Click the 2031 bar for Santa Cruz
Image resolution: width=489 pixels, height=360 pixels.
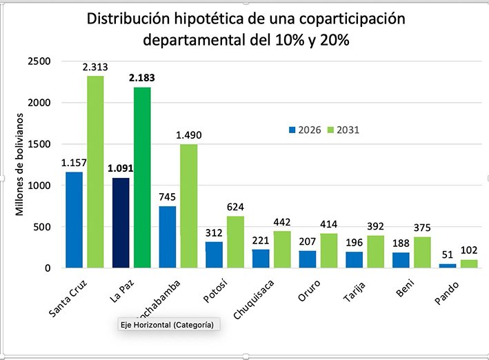95,172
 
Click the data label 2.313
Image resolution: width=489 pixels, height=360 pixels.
95,67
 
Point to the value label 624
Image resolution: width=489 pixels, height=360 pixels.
235,206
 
